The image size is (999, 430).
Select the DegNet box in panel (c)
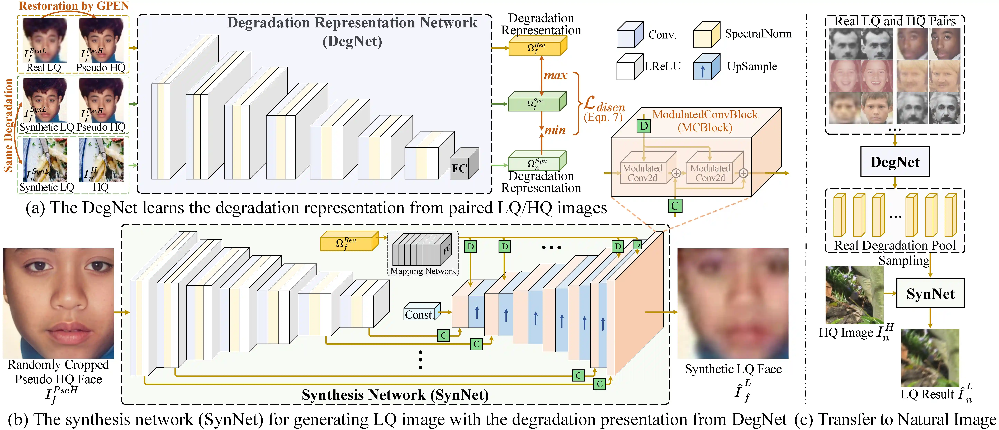click(x=895, y=162)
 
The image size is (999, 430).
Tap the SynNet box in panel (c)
click(x=930, y=294)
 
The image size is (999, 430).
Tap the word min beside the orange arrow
click(x=555, y=130)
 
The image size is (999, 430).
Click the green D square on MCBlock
click(x=644, y=126)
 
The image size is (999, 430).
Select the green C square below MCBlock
click(x=675, y=206)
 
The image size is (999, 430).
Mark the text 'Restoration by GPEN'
click(x=74, y=6)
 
